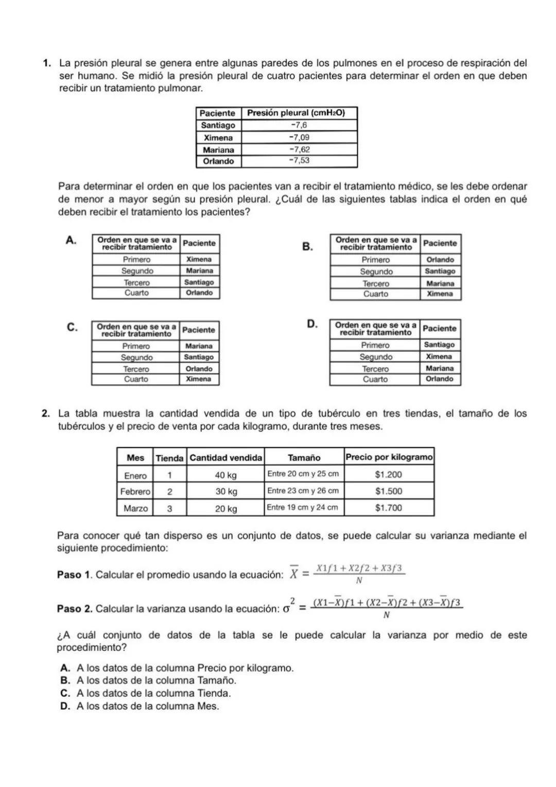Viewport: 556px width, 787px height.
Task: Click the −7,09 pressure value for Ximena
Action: tap(299, 138)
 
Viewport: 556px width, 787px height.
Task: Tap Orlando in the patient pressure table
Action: tap(218, 161)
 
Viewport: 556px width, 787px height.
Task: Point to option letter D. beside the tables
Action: tap(311, 324)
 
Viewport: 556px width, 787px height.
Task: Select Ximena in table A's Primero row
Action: tap(199, 260)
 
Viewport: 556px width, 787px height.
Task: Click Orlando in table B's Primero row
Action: tap(440, 260)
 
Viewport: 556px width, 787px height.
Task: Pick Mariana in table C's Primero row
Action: tap(199, 346)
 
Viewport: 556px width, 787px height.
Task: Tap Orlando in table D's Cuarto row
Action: tap(440, 379)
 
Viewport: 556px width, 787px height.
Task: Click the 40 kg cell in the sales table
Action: tap(225, 475)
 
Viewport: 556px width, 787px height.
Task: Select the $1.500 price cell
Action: tap(389, 491)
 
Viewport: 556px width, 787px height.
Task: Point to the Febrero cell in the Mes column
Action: tap(135, 492)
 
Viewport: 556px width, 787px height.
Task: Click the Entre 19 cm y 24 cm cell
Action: tap(303, 508)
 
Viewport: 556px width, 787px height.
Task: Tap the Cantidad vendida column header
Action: tap(225, 457)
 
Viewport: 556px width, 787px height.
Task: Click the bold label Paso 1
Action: tap(75, 575)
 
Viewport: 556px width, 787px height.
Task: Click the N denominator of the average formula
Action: tap(359, 581)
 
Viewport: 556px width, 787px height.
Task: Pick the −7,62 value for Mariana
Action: tap(299, 149)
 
